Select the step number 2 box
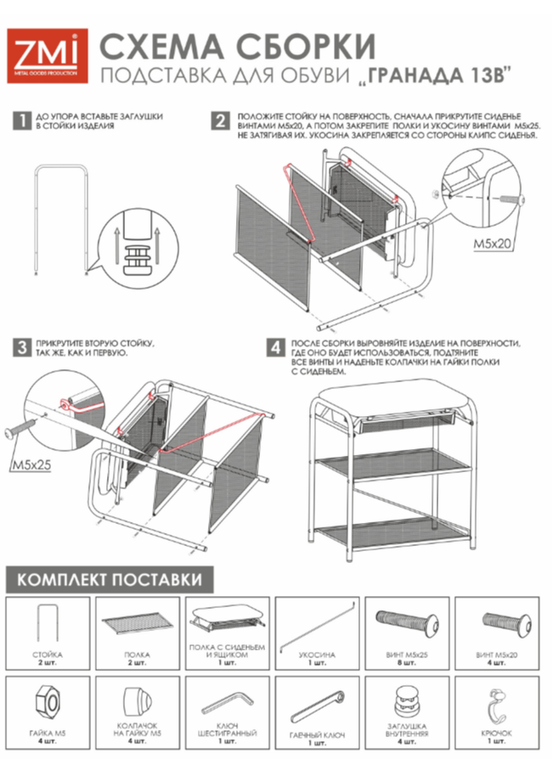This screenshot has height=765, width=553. (x=221, y=121)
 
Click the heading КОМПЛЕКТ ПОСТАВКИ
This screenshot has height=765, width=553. (x=110, y=580)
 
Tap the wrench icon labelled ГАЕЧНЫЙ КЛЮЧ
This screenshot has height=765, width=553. (x=316, y=704)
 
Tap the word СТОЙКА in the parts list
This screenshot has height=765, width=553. (x=47, y=655)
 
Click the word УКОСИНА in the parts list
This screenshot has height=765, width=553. (x=317, y=655)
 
